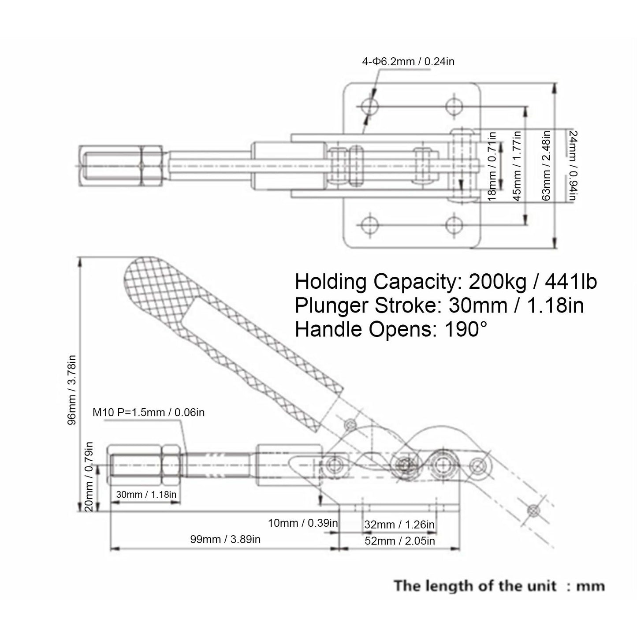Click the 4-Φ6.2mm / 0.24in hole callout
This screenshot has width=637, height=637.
tap(408, 61)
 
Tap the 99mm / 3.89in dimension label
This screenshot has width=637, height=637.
tap(225, 539)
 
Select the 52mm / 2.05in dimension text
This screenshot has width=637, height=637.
tap(400, 541)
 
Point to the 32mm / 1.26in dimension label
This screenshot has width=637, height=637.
tap(399, 524)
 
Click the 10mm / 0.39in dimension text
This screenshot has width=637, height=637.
tap(303, 523)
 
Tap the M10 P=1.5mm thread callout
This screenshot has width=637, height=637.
tap(149, 412)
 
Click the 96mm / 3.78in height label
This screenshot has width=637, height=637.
tap(72, 390)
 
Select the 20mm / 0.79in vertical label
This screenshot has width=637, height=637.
tap(89, 477)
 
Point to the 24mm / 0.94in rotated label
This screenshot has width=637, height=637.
tap(573, 166)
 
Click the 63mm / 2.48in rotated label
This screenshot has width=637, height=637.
tap(546, 166)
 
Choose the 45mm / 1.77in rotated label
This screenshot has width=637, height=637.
tap(517, 166)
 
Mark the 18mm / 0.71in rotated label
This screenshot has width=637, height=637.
tap(492, 166)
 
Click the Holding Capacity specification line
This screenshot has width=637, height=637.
tap(446, 282)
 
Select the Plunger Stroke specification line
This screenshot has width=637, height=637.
tap(440, 305)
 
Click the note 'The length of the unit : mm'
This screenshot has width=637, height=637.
tap(499, 586)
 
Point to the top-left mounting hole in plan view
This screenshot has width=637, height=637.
tap(369, 106)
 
